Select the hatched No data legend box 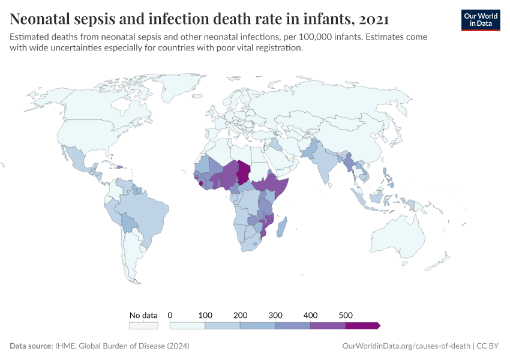143,325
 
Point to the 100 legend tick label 205,315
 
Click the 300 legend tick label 275,315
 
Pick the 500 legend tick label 346,315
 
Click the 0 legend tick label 170,315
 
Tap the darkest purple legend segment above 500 362,325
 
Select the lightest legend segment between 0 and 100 188,325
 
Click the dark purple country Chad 244,172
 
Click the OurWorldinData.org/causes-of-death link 406,346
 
